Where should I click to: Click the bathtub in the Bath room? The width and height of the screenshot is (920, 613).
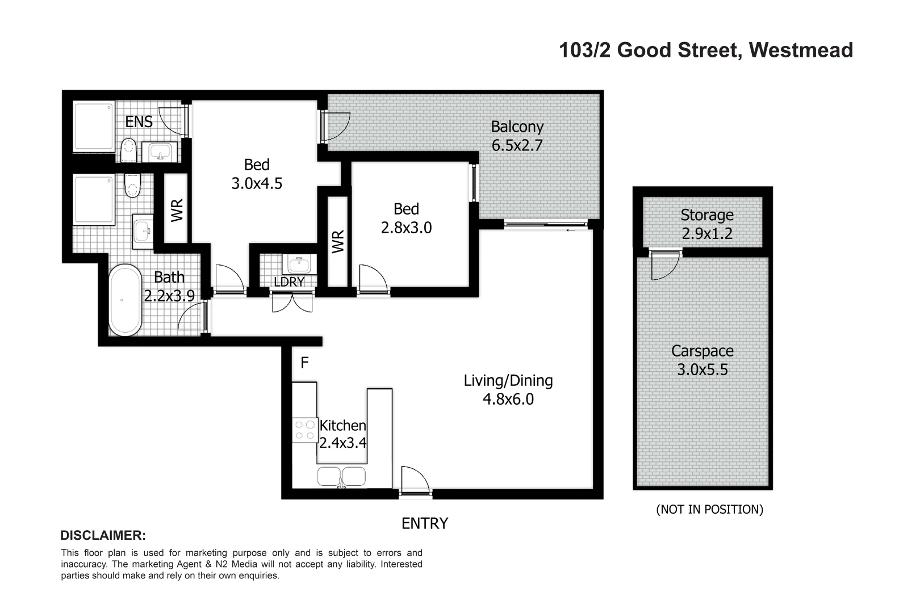click(x=125, y=300)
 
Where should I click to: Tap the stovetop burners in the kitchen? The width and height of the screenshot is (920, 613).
click(x=305, y=430)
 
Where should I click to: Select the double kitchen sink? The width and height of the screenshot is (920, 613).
click(x=341, y=477)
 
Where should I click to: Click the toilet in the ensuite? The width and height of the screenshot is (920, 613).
click(x=129, y=150)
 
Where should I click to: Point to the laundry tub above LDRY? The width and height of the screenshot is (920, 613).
click(x=298, y=264)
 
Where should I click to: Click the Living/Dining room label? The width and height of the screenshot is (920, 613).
click(x=508, y=380)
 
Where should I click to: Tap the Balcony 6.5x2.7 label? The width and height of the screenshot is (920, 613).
click(x=517, y=136)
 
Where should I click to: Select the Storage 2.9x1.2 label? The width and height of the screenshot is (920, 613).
click(x=706, y=224)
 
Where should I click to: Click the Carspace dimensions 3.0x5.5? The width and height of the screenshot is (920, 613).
click(x=702, y=370)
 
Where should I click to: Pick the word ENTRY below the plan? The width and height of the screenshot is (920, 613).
click(x=425, y=523)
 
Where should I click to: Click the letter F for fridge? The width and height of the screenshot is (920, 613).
click(x=304, y=363)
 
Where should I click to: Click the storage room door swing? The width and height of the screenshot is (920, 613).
click(x=665, y=264)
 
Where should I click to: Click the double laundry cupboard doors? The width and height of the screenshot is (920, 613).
click(x=292, y=301)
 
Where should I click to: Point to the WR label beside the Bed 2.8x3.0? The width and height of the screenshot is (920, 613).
click(x=338, y=242)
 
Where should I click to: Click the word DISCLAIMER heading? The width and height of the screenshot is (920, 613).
click(x=103, y=535)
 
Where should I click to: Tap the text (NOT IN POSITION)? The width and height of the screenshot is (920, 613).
click(x=709, y=509)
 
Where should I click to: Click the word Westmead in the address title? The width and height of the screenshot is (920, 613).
click(x=801, y=51)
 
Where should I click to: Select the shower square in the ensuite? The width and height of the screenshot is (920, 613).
click(x=94, y=126)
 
